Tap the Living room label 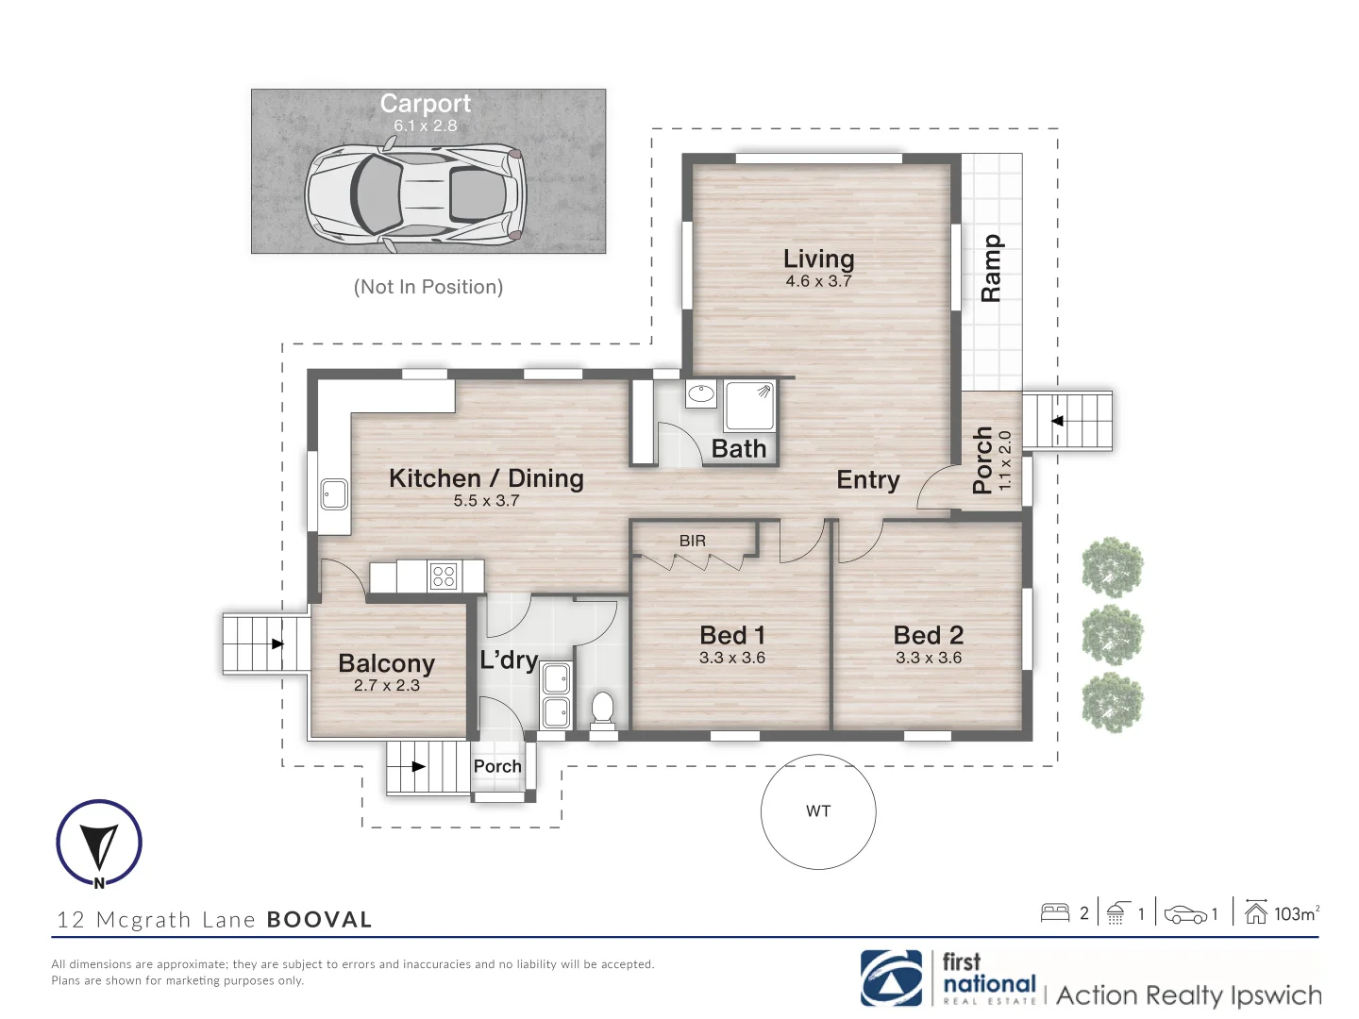click(818, 259)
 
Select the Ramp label click(991, 268)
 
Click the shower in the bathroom click(749, 406)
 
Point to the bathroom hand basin click(701, 393)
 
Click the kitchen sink click(334, 494)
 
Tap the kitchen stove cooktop click(444, 576)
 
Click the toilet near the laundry click(602, 710)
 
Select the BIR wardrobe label click(692, 541)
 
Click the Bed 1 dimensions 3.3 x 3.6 click(732, 658)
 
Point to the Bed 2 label click(928, 635)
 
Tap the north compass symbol click(99, 844)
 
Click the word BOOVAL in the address click(320, 919)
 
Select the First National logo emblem click(892, 978)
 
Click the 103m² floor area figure click(1297, 913)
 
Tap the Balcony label click(386, 663)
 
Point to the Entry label click(868, 479)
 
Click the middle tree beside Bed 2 click(1113, 635)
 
